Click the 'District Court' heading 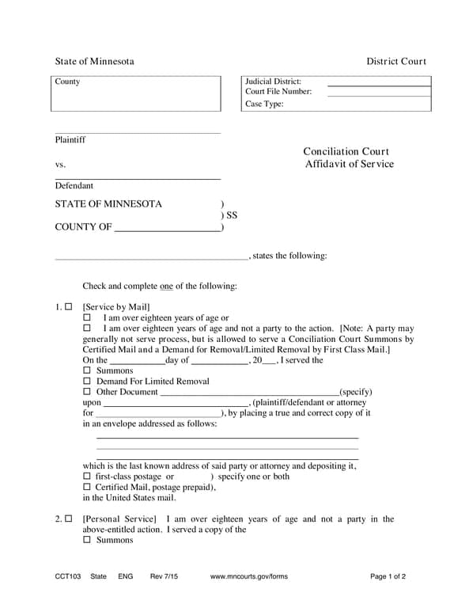point(395,62)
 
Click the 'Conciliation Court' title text point(346,151)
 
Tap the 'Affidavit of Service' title point(349,164)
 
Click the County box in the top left point(136,93)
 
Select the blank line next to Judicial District point(379,82)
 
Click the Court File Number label point(278,92)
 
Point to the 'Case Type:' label point(264,104)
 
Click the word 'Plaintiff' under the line point(70,140)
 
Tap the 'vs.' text point(60,165)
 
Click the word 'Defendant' point(74,186)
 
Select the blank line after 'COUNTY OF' point(168,228)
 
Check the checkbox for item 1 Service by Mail point(69,306)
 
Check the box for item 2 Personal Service point(69,519)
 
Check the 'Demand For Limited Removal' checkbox point(87,382)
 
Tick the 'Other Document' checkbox point(87,392)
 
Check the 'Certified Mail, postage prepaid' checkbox point(87,488)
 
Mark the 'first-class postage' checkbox point(87,477)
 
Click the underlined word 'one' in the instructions point(166,286)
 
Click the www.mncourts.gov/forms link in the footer point(249,576)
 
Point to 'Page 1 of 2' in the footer point(388,576)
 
